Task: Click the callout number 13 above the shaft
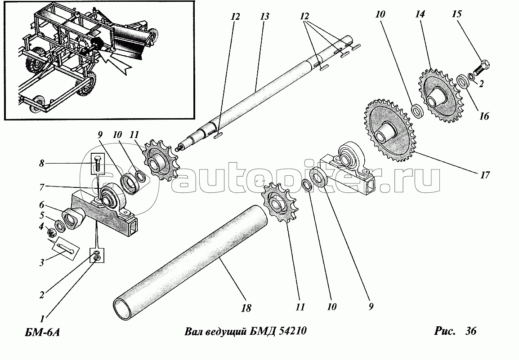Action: (264, 17)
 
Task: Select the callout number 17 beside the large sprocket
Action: (484, 175)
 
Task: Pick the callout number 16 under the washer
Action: (484, 116)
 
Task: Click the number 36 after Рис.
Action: (471, 331)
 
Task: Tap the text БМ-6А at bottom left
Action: (40, 333)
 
